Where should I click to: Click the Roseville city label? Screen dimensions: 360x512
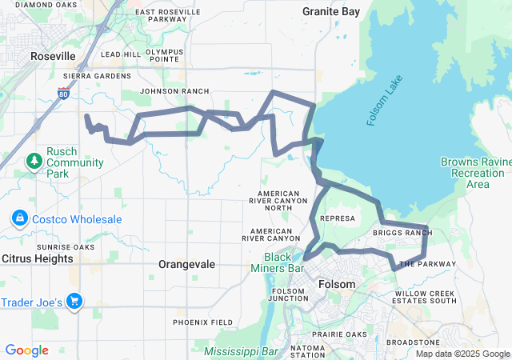(x=53, y=56)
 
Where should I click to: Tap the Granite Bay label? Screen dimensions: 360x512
(x=331, y=11)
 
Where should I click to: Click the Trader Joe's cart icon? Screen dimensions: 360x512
(x=75, y=302)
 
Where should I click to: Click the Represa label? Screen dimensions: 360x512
(x=336, y=218)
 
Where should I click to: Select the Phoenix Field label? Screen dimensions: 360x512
(x=203, y=322)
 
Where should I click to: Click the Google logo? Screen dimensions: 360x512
(x=26, y=350)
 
